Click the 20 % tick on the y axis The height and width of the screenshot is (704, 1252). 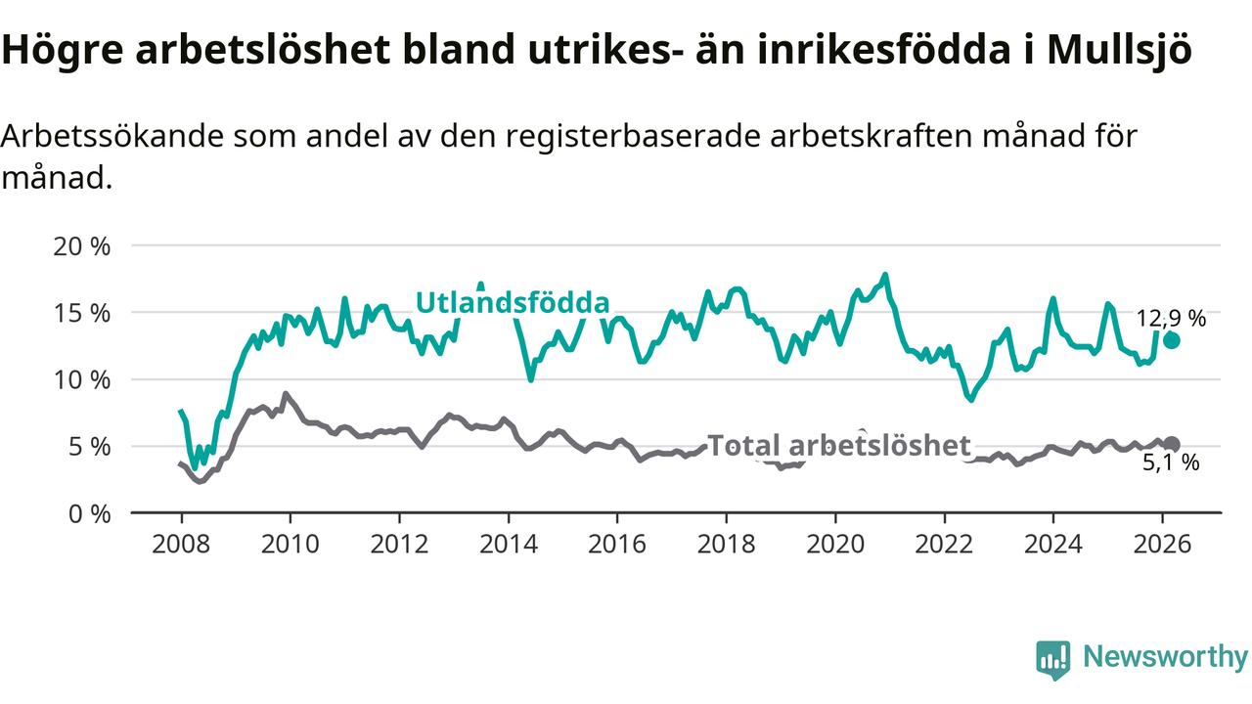[x=81, y=245]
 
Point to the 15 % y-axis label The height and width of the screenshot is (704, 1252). [x=81, y=313]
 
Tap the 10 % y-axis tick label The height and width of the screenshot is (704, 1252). [x=81, y=379]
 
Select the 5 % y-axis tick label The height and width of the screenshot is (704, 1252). [x=88, y=446]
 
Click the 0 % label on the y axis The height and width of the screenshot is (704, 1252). [x=88, y=512]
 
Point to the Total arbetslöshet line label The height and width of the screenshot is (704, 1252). [x=838, y=446]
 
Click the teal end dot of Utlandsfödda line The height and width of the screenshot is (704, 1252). [x=1171, y=340]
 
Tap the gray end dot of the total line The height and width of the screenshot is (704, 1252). [x=1171, y=444]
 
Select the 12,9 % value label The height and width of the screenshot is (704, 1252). [x=1171, y=318]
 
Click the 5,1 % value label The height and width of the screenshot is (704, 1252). [x=1171, y=463]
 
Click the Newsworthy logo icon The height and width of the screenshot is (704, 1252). [x=1053, y=659]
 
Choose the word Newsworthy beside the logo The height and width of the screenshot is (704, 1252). [x=1165, y=657]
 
